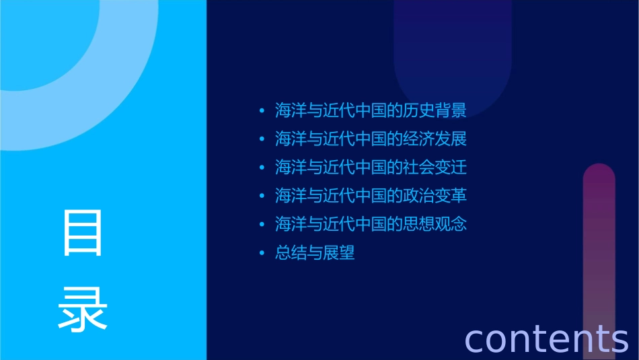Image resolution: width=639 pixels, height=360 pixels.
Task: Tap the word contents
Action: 546,338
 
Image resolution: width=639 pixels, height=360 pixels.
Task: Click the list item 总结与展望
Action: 315,253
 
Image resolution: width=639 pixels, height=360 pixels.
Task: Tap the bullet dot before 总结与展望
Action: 262,253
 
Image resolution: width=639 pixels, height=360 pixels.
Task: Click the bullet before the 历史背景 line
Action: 262,110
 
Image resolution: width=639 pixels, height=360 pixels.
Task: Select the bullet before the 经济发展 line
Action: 262,139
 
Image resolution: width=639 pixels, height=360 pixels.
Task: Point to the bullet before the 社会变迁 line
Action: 262,167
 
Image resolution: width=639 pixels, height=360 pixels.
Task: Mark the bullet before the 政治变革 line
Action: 262,196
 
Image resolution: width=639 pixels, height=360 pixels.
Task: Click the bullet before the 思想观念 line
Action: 262,224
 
